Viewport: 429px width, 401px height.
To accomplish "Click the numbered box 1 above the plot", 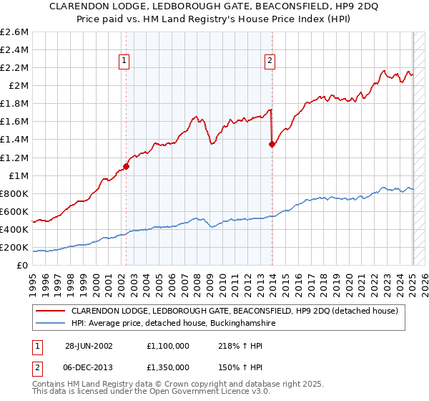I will (x=124, y=62).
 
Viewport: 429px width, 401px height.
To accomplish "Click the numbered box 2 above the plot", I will (x=270, y=62).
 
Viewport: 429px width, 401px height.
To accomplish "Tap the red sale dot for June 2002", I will (x=126, y=166).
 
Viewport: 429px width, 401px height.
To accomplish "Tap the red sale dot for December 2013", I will (x=272, y=144).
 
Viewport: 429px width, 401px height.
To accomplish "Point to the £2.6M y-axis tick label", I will (x=14, y=32).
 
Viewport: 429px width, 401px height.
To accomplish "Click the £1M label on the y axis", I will (x=18, y=175).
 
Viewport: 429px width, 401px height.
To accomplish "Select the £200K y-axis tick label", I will (x=14, y=247).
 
